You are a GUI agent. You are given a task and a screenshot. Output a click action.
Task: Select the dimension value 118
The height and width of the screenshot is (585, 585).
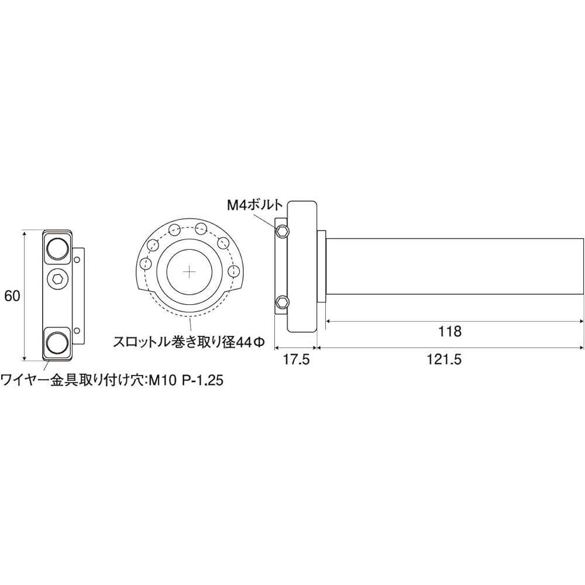pyautogui.click(x=449, y=331)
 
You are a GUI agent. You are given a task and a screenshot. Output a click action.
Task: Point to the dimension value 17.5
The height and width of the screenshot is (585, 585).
pyautogui.click(x=295, y=360)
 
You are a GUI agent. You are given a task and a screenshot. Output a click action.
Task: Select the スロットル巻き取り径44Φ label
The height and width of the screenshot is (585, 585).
pyautogui.click(x=189, y=342)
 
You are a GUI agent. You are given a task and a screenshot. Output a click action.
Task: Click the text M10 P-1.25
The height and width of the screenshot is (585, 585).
pyautogui.click(x=186, y=380)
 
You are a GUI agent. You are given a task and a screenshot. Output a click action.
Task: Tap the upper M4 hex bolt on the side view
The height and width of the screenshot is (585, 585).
pyautogui.click(x=283, y=232)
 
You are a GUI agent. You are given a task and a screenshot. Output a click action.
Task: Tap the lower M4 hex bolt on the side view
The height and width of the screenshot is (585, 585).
pyautogui.click(x=283, y=302)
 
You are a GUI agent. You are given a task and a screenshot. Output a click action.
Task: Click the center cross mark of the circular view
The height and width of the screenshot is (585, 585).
pyautogui.click(x=190, y=273)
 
